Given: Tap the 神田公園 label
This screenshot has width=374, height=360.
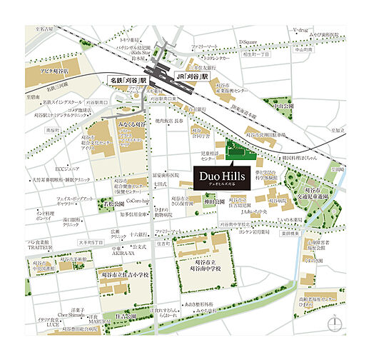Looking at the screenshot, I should click(213, 202).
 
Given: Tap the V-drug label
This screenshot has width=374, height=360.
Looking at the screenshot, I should click(303, 31).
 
